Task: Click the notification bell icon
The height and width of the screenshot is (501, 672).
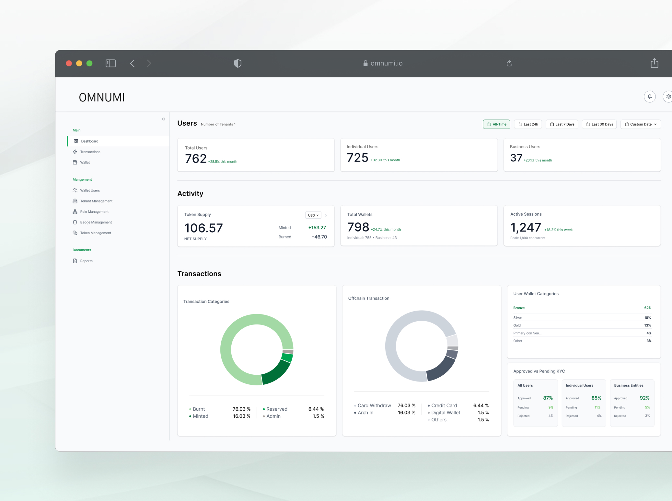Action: coord(649,97)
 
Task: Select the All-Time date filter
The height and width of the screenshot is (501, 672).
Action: coord(496,124)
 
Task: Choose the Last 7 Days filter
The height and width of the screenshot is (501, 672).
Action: coord(562,124)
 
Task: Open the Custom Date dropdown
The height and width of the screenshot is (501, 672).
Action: coord(640,124)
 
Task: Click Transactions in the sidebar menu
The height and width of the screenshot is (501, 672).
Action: coord(90,152)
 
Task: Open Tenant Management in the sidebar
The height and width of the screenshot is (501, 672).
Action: coord(96,201)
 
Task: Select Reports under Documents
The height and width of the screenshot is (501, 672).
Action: coord(86,261)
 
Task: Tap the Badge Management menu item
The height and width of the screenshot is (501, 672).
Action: coord(96,222)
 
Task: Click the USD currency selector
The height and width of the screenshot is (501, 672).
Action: coord(313,215)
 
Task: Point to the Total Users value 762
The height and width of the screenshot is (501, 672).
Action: coord(196,159)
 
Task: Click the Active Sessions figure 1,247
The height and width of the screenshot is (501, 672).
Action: coord(526,228)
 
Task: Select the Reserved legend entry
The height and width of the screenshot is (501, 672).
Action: coord(276,409)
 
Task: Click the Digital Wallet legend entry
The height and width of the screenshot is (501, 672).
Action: coord(445,413)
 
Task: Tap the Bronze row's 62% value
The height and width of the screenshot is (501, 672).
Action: coord(647,308)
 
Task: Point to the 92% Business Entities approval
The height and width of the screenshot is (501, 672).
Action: coord(644,398)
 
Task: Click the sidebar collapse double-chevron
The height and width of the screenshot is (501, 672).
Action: coord(164,119)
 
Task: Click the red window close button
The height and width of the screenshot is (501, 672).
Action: coord(69,63)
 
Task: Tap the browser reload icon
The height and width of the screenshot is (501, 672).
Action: coord(509,63)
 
